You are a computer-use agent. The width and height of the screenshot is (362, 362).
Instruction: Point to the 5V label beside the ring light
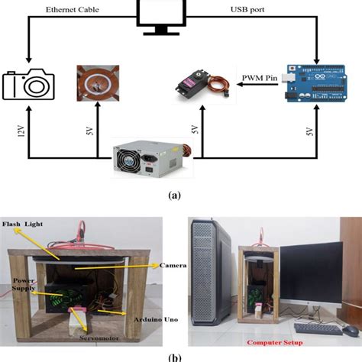pos(89,131)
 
